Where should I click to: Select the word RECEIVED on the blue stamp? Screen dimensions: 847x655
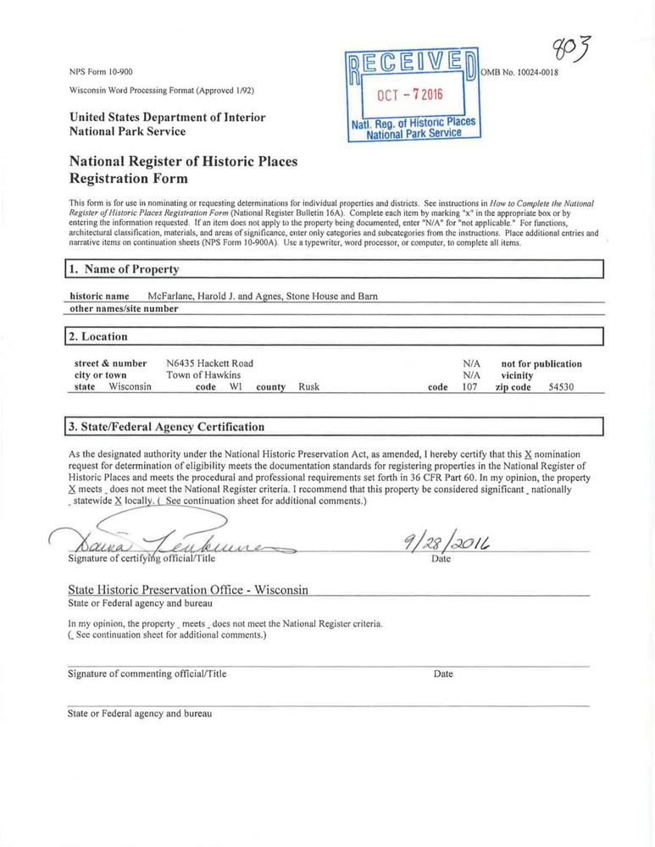tap(413, 63)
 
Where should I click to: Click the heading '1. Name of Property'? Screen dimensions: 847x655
tap(125, 269)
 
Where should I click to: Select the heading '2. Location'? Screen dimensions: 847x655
tap(99, 336)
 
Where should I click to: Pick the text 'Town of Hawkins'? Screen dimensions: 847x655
tap(203, 375)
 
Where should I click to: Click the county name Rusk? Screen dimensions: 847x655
tap(308, 387)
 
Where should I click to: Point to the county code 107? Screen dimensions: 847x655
tap(469, 387)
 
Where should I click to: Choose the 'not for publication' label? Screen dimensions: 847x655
tap(541, 363)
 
